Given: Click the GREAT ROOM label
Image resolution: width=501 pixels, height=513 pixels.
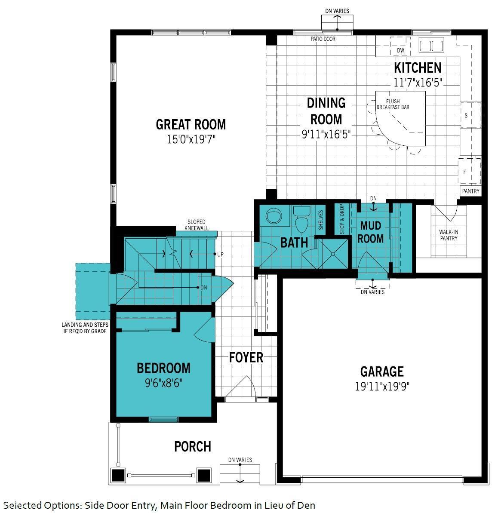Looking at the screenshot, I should (191, 125).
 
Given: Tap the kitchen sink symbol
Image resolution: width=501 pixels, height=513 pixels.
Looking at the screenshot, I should (431, 46).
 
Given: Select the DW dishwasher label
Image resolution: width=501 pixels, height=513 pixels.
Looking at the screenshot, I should (401, 50).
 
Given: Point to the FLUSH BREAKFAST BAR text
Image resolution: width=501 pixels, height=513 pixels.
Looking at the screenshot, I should (393, 104).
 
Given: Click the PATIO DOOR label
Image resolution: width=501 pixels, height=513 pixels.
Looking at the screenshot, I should (323, 39).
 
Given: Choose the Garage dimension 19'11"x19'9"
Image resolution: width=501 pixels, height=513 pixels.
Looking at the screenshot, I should (382, 386).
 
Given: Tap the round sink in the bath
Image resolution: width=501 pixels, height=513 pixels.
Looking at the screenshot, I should (272, 215).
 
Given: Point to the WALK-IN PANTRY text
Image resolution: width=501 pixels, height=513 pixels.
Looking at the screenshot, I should (449, 235).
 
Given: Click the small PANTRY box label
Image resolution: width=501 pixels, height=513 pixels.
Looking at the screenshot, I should (470, 191).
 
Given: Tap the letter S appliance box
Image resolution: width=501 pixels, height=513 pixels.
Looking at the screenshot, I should (466, 116).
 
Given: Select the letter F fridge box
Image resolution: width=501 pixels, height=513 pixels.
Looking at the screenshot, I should (464, 172).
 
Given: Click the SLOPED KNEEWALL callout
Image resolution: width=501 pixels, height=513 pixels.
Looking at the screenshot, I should (196, 225).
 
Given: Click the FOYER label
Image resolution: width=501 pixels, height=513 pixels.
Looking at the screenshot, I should (246, 357).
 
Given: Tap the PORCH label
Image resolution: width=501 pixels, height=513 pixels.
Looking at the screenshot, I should (192, 447).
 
